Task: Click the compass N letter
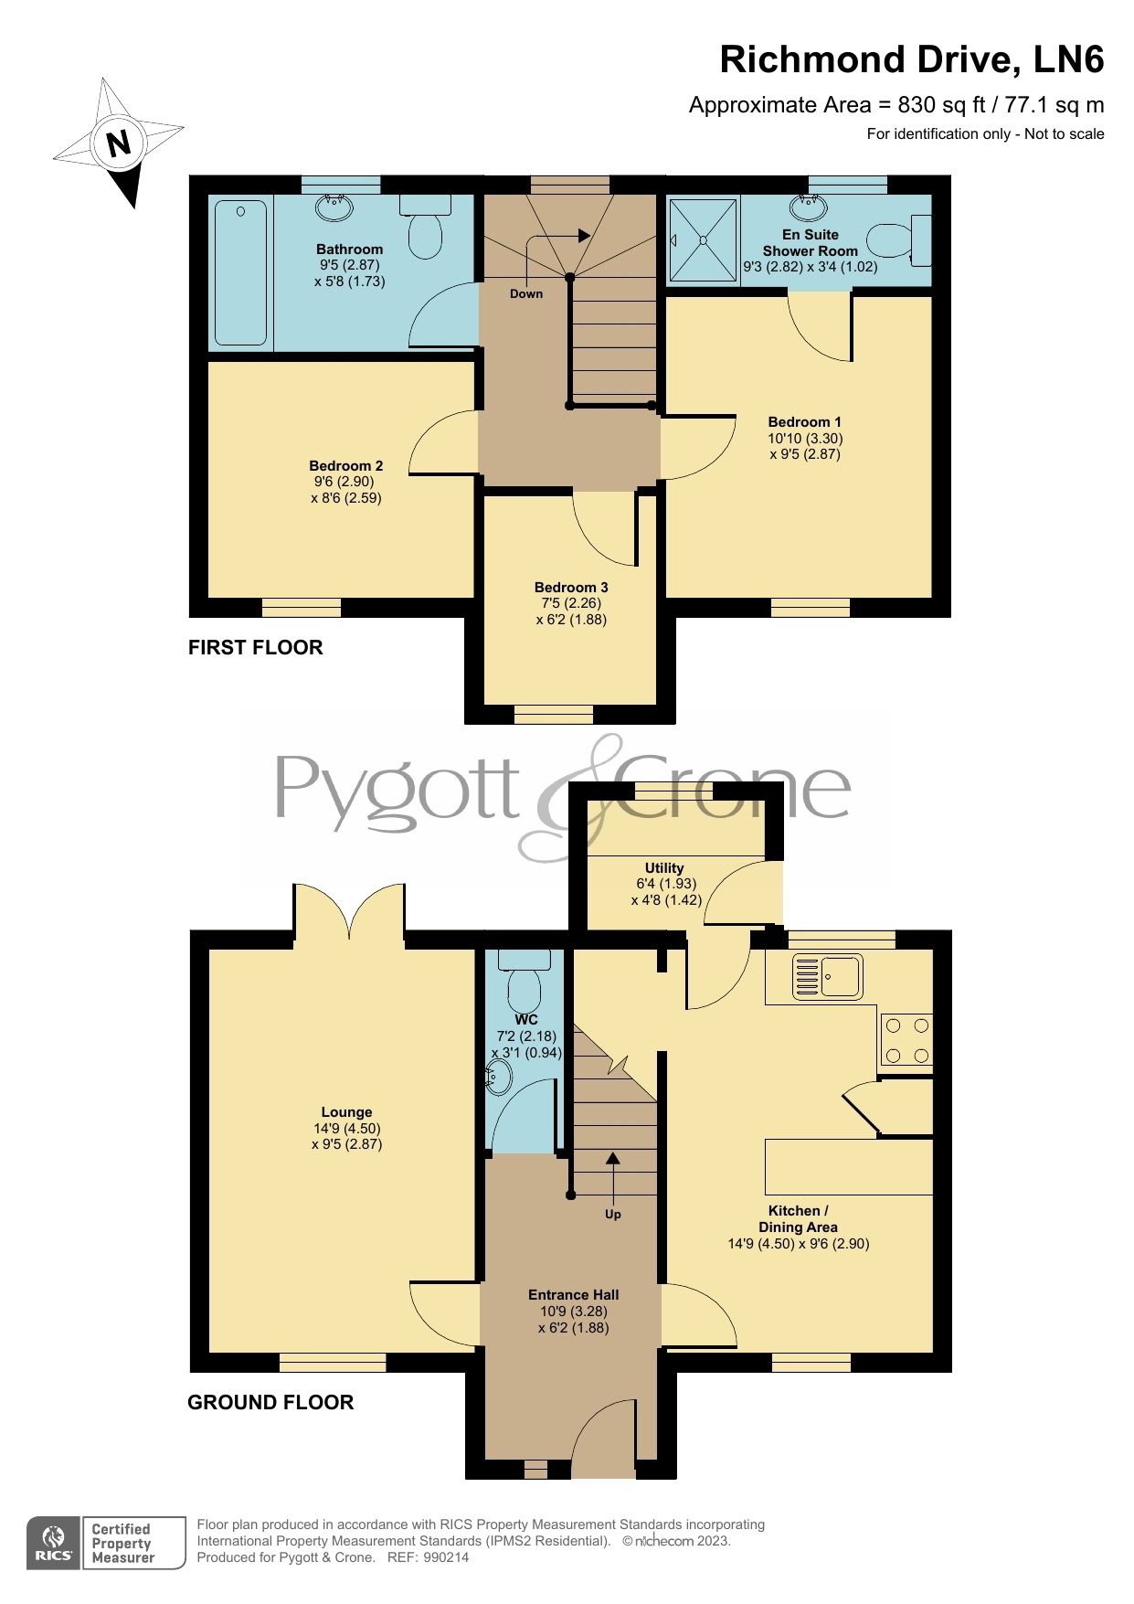pyautogui.click(x=118, y=143)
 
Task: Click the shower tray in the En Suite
pyautogui.click(x=703, y=240)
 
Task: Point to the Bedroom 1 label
pyautogui.click(x=804, y=422)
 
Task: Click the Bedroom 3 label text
pyautogui.click(x=571, y=588)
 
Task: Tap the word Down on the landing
pyautogui.click(x=526, y=293)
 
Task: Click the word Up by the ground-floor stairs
pyautogui.click(x=613, y=1215)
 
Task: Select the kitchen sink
pyautogui.click(x=828, y=976)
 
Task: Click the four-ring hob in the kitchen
pyautogui.click(x=906, y=1040)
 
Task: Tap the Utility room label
pyautogui.click(x=664, y=868)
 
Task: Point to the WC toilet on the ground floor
pyautogui.click(x=525, y=982)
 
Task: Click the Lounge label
pyautogui.click(x=346, y=1112)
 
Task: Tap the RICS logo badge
pyautogui.click(x=53, y=1544)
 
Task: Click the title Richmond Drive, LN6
pyautogui.click(x=911, y=59)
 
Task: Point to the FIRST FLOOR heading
pyautogui.click(x=256, y=647)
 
